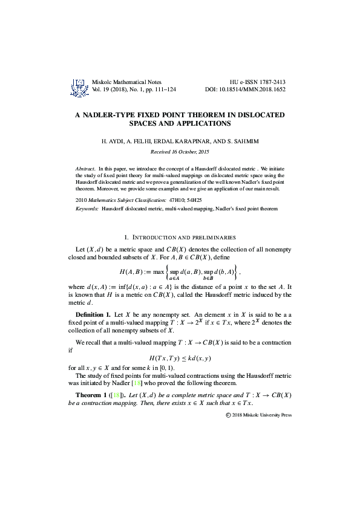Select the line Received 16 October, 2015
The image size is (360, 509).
[180, 151]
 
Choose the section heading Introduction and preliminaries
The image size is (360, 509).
[180, 238]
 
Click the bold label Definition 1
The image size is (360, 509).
[93, 316]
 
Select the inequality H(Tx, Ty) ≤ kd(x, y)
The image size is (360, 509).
[180, 358]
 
